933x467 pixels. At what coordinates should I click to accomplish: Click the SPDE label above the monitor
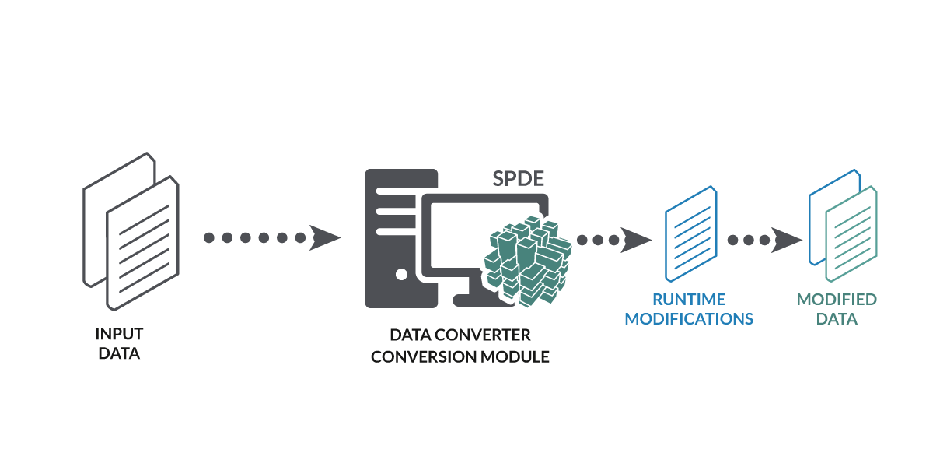[x=519, y=178]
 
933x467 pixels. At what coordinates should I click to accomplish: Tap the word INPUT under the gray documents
[x=119, y=334]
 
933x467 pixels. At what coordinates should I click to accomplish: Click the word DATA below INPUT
[x=119, y=354]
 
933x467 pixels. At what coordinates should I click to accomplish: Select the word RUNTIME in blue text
[x=689, y=300]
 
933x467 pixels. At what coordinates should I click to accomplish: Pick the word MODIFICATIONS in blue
[x=689, y=319]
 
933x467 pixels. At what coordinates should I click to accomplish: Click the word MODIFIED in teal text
[x=837, y=300]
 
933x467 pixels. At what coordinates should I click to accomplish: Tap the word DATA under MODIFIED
[x=837, y=319]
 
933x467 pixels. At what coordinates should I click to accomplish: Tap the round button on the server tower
[x=401, y=274]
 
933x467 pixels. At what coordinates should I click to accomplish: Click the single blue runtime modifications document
[x=690, y=233]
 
